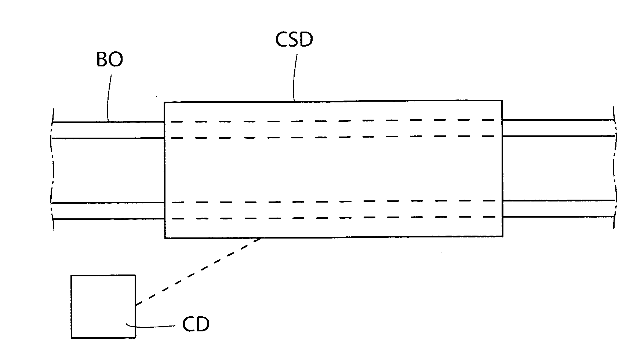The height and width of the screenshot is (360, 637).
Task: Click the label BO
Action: tap(109, 60)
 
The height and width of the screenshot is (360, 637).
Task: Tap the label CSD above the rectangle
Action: tap(294, 40)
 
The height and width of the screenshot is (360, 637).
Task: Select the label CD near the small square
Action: tap(196, 324)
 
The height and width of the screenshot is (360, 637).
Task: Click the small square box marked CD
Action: tap(103, 306)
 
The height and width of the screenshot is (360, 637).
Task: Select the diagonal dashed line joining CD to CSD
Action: tap(198, 272)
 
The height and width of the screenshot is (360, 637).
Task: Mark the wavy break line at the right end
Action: tap(615, 167)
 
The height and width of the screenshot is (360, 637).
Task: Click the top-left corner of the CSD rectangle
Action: tap(164, 102)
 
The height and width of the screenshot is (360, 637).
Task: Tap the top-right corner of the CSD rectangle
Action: tap(502, 100)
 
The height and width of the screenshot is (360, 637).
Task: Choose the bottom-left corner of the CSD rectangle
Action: tap(165, 238)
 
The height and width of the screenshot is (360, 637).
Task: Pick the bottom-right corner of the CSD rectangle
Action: tap(502, 236)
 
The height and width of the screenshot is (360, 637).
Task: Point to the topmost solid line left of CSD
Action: tap(109, 121)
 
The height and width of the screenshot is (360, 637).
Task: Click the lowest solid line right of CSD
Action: tap(558, 217)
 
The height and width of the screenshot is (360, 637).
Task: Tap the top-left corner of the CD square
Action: tap(72, 276)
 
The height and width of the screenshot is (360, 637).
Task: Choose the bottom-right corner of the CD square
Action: tap(135, 337)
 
